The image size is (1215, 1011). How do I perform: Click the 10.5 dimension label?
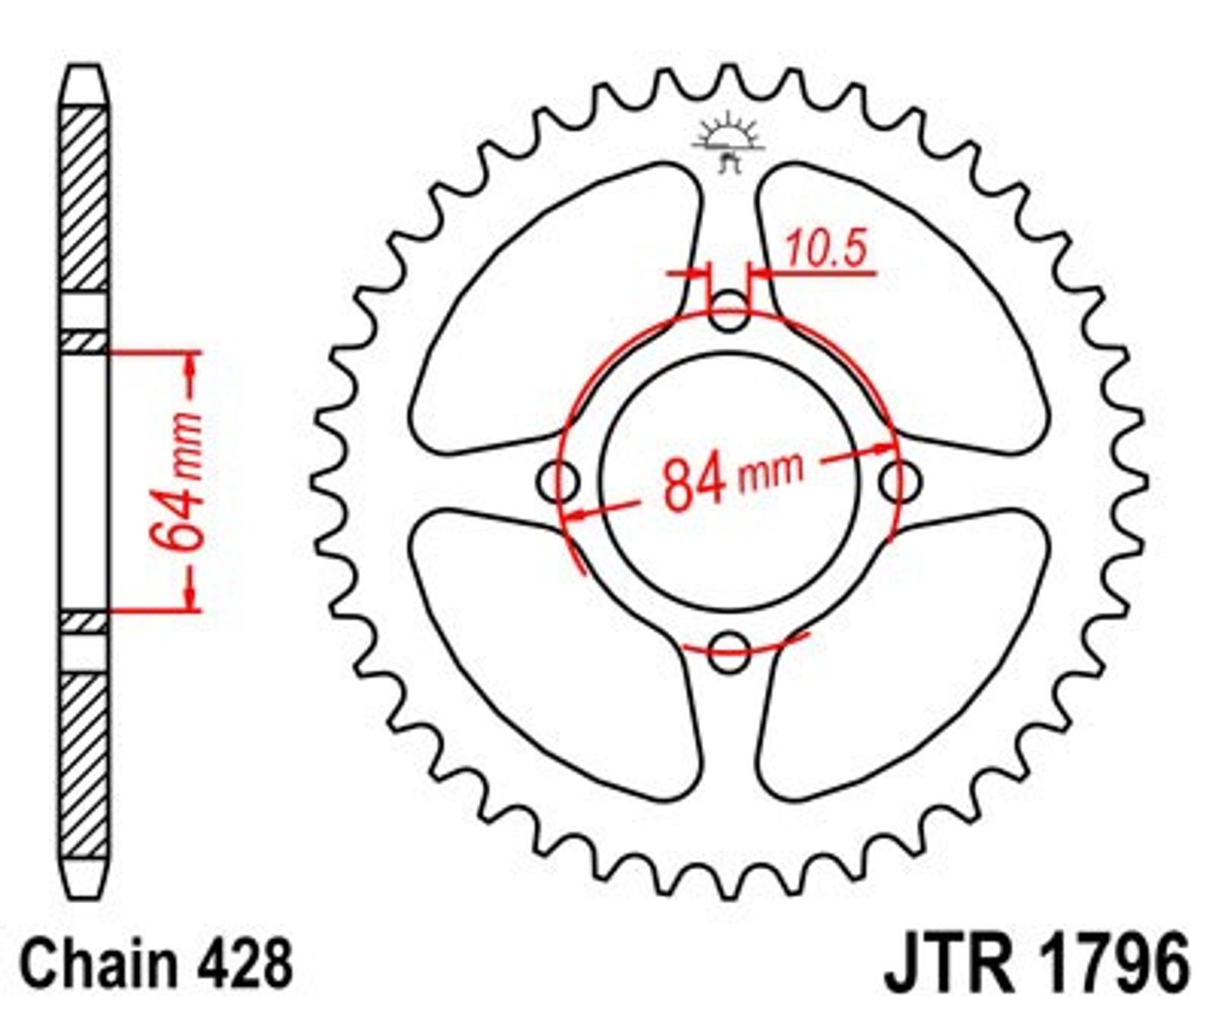point(825,248)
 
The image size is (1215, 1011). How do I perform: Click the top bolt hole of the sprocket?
point(728,312)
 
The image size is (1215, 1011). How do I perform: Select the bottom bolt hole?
point(728,650)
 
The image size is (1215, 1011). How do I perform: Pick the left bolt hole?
point(558,482)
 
